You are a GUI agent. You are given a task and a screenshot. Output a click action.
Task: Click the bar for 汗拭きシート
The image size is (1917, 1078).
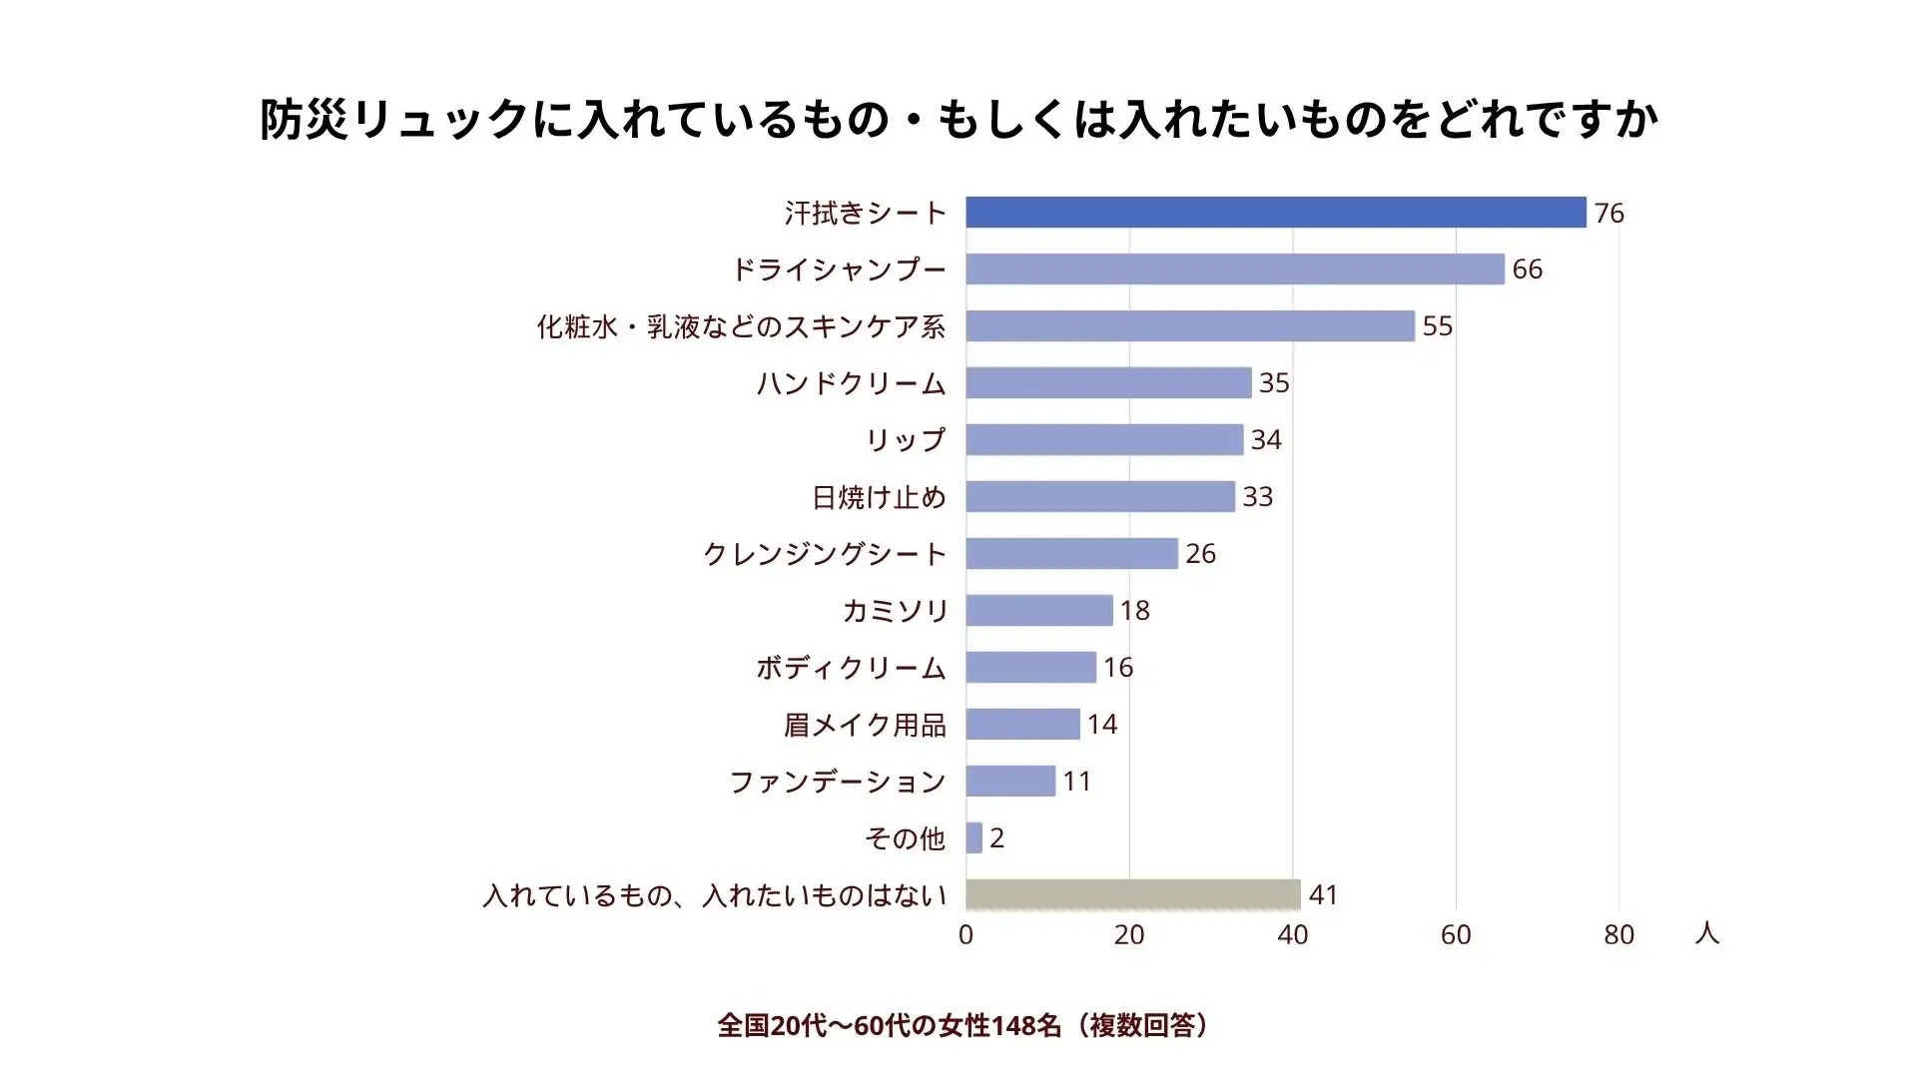1275,213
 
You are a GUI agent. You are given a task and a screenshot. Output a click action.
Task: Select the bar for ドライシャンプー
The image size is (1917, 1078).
1234,269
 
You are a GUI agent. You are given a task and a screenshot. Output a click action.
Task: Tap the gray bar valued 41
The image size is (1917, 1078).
1132,895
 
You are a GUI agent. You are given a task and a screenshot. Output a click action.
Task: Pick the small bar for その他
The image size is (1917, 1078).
974,838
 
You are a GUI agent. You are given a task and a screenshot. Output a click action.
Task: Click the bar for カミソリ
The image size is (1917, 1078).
1038,611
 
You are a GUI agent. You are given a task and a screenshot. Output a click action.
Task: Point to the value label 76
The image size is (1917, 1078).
1608,214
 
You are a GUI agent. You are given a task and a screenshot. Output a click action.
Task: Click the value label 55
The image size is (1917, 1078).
1437,326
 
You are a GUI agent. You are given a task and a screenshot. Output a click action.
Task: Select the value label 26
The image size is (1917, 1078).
1200,554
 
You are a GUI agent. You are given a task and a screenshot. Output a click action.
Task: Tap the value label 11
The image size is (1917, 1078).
1076,782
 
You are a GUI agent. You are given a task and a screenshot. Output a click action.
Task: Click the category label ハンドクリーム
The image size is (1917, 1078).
851,383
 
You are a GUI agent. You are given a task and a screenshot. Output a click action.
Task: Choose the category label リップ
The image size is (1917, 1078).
905,440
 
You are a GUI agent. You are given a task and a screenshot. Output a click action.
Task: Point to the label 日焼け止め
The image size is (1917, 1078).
879,497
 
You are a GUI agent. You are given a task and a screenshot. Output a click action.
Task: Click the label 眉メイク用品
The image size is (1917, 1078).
865,725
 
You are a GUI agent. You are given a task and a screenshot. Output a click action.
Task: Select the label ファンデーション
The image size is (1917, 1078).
837,782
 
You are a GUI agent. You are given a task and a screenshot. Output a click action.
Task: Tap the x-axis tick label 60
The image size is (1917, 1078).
1456,935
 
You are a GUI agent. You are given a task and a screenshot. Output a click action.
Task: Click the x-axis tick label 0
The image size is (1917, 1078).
965,935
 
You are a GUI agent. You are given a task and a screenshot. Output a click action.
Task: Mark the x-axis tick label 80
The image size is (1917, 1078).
1618,935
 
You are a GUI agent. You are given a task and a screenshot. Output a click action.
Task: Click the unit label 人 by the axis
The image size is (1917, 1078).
1706,933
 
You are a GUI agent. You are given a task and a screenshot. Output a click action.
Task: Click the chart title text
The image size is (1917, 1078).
958,120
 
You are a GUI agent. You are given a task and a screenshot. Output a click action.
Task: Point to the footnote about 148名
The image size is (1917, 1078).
964,1025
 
